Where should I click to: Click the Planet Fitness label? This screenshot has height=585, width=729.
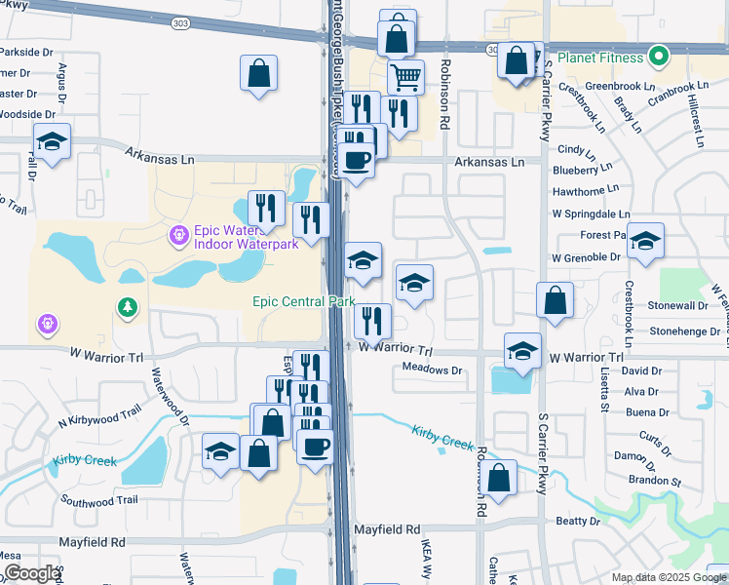pos(596,56)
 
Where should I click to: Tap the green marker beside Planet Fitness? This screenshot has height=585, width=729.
pos(658,56)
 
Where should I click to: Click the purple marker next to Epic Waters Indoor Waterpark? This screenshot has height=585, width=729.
pos(177,234)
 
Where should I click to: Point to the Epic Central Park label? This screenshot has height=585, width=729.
pos(303,302)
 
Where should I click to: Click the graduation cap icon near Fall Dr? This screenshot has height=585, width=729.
pos(52,141)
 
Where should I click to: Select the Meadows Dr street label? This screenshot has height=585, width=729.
pos(432,370)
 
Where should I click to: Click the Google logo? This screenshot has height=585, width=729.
pos(32,573)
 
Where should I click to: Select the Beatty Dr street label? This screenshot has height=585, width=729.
pos(577,522)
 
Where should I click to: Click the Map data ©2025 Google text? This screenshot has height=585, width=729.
pos(655,577)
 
